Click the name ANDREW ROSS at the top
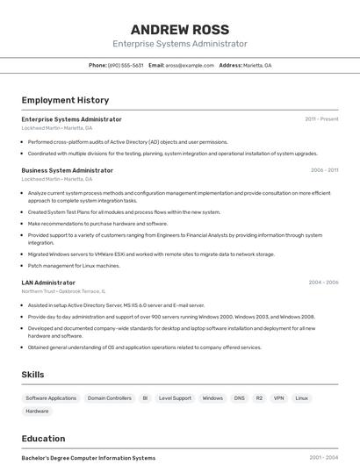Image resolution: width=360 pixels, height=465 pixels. (179, 30)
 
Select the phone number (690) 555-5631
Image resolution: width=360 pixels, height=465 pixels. (126, 65)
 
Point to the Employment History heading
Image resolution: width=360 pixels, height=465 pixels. (65, 100)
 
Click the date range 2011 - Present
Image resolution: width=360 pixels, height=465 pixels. (321, 119)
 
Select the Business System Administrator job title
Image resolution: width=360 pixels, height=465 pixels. (67, 170)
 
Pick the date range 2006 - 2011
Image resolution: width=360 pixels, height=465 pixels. (324, 170)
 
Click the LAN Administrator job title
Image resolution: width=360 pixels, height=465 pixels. (48, 283)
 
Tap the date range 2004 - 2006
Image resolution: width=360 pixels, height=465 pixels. (323, 283)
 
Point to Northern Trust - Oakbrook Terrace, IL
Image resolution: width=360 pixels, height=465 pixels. (63, 290)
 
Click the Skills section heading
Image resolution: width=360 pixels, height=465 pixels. (32, 375)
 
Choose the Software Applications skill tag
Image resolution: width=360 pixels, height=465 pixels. (51, 398)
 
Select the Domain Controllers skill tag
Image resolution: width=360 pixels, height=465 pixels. (109, 398)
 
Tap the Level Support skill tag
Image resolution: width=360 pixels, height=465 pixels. (175, 398)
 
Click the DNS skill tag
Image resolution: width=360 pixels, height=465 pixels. (239, 398)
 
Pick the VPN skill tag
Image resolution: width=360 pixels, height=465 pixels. (278, 398)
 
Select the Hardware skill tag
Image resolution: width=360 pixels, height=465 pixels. (37, 411)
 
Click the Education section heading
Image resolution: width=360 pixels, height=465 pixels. (43, 439)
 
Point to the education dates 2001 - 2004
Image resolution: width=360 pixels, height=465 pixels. (323, 458)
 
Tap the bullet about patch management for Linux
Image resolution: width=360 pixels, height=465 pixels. (74, 265)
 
